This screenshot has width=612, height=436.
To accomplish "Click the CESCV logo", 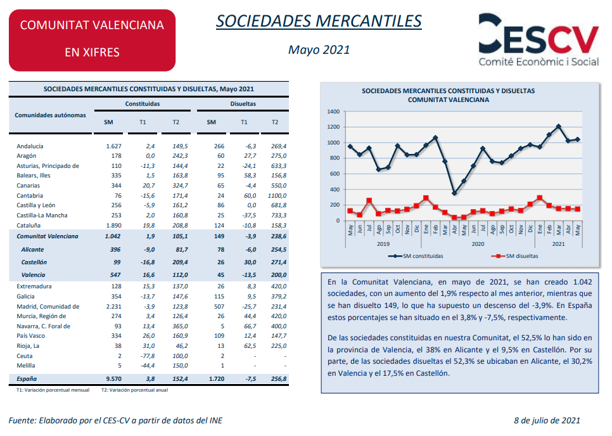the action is point(539,40).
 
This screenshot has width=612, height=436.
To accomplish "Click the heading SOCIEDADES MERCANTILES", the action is point(319,21).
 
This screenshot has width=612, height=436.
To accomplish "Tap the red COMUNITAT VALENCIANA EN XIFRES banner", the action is point(92,40).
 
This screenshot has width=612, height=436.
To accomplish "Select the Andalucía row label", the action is point(30,146).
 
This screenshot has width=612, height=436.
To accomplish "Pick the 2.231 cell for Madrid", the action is point(113,307).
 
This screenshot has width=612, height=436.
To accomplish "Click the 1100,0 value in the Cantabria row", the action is point(277,196).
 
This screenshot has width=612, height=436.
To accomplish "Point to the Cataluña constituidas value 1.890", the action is point(113,225).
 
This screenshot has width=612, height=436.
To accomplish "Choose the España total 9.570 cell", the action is point(113,378).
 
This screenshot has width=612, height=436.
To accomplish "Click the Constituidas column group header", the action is point(143,104).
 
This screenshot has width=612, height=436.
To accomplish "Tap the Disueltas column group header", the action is point(243,104).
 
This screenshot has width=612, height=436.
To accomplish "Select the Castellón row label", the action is point(34,262).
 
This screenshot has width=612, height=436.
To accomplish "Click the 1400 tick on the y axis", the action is point(333,112).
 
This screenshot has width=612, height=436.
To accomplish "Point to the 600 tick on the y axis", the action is point(335,174).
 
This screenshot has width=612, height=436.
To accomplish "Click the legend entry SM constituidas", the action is point(416,256).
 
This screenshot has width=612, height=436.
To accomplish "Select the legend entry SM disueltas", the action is point(515,256).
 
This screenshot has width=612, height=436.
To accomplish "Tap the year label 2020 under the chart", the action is point(478,244).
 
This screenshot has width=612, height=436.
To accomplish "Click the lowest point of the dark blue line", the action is point(454,193).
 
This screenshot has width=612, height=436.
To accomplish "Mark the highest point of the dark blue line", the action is point(559,127).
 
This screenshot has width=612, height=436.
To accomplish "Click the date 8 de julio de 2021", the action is point(547,420).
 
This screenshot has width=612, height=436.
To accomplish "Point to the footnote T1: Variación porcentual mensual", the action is point(53,390).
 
